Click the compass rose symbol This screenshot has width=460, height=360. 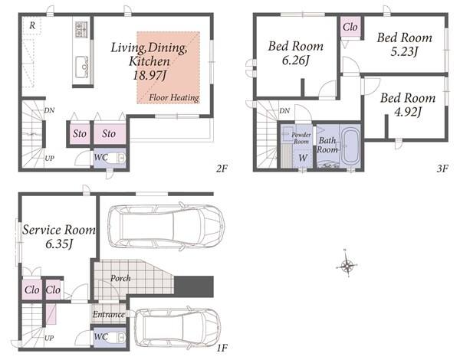[x=347, y=266]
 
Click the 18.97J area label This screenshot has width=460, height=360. [x=149, y=76]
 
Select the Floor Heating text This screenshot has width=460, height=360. [x=174, y=97]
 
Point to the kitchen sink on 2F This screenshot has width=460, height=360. [x=82, y=67]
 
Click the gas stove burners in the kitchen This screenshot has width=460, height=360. [x=81, y=29]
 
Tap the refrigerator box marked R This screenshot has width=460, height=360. [x=32, y=26]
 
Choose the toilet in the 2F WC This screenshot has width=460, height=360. [x=116, y=159]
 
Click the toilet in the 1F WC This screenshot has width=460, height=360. [x=116, y=338]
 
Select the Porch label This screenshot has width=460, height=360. [x=120, y=278]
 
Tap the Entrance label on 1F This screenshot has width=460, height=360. [x=109, y=315]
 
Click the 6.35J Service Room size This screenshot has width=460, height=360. [x=59, y=244]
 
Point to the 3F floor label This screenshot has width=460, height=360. [x=442, y=169]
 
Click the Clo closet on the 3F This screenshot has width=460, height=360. [x=350, y=27]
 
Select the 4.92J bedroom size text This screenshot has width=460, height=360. [x=408, y=112]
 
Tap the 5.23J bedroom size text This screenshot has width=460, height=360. [x=404, y=51]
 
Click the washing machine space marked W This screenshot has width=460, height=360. [x=303, y=158]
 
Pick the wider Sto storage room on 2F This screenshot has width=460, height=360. [x=110, y=134]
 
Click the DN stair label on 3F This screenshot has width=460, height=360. [x=284, y=111]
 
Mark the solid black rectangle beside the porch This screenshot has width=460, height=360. [x=194, y=286]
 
